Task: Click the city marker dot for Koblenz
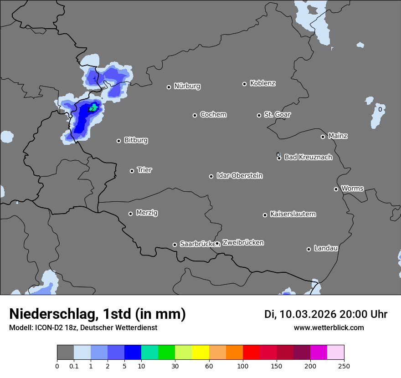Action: [244, 84]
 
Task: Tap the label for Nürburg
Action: [187, 86]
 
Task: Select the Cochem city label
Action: [213, 114]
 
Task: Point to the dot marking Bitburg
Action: [118, 141]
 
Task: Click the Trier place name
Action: [144, 170]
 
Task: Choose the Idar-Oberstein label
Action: [239, 176]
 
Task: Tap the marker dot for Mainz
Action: [323, 137]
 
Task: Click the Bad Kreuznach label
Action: [308, 157]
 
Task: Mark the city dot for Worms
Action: [336, 189]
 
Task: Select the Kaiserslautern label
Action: [293, 214]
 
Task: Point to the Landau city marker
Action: [308, 249]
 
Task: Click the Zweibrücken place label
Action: [243, 243]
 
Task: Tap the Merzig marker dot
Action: [130, 214]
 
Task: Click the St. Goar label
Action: [277, 114]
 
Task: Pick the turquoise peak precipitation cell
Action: [94, 107]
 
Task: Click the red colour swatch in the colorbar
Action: [251, 352]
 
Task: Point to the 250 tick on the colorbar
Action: [344, 365]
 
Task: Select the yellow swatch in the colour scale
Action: [200, 352]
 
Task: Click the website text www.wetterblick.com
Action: [329, 327]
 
